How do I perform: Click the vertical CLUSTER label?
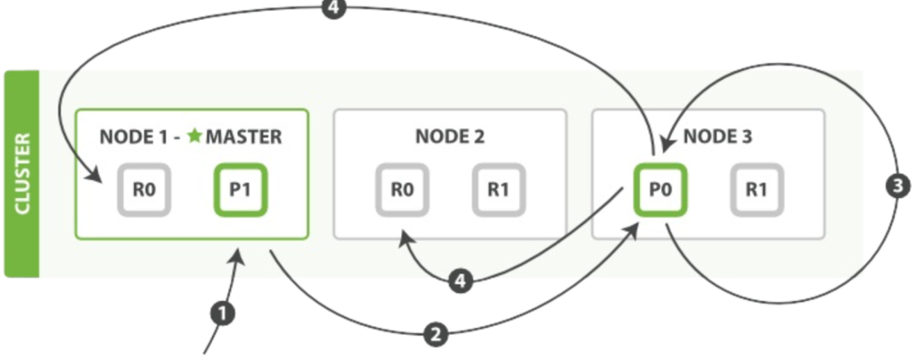23,174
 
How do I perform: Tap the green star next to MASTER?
195,136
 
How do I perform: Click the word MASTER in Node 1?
244,137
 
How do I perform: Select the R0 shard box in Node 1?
144,190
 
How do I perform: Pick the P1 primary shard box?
240,190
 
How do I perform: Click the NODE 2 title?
450,137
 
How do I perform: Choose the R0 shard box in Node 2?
402,190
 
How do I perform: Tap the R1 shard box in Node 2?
499,190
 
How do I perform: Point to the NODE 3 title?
718,137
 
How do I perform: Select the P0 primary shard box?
660,190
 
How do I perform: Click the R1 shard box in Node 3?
757,190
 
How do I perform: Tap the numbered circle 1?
222,313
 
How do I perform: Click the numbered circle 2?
436,334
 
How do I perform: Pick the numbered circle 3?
898,186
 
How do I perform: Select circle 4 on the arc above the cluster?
334,8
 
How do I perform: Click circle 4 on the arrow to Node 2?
461,281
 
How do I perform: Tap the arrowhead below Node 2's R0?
406,238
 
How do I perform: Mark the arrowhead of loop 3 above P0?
667,144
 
